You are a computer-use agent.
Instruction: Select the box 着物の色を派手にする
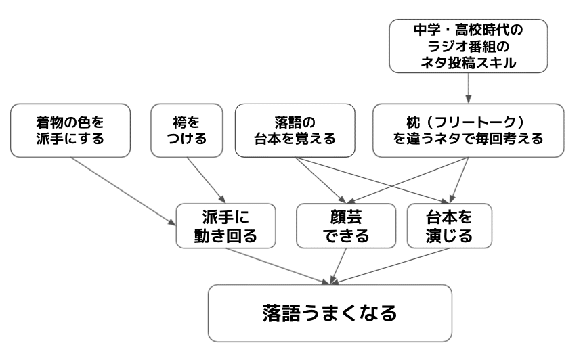(x=70, y=130)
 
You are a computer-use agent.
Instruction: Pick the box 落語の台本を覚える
(x=295, y=130)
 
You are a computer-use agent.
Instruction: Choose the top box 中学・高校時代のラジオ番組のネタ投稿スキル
(x=469, y=45)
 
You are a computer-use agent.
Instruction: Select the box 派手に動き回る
(x=226, y=227)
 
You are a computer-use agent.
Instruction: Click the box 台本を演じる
(x=449, y=227)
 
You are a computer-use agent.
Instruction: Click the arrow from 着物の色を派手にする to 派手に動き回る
(x=122, y=191)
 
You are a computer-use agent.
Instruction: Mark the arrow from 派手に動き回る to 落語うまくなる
(x=278, y=263)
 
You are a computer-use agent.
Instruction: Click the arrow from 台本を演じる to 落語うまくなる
(x=393, y=264)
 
